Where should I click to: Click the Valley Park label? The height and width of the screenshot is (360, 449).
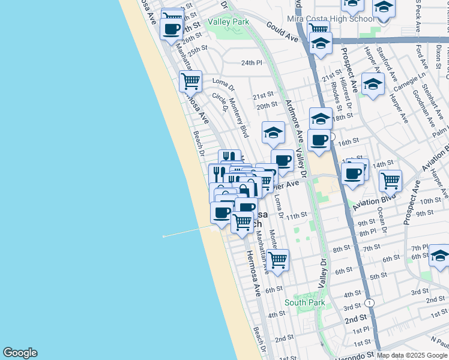pyautogui.click(x=228, y=22)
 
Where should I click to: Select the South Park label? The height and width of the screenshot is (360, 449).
pyautogui.click(x=305, y=303)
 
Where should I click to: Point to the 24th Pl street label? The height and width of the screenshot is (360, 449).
pyautogui.click(x=252, y=62)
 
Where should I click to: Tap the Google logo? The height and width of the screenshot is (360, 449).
pyautogui.click(x=20, y=353)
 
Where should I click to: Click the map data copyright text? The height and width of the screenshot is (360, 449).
pyautogui.click(x=412, y=355)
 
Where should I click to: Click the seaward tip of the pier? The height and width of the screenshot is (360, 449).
pyautogui.click(x=163, y=236)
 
